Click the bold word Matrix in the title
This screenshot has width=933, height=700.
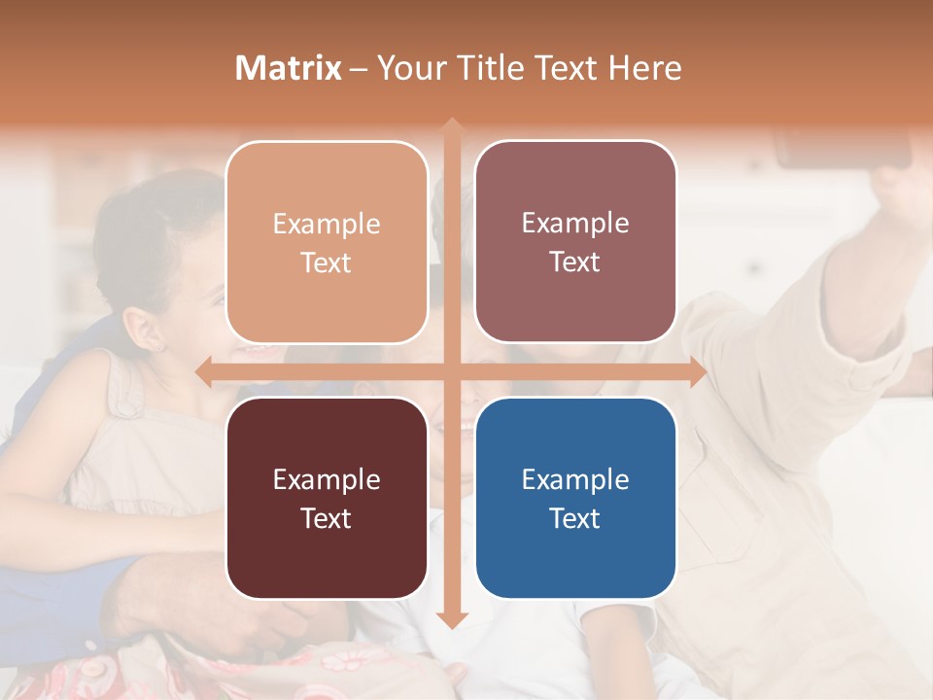point(289,68)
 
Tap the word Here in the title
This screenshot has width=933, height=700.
point(645,68)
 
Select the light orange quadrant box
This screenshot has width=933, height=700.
point(327,242)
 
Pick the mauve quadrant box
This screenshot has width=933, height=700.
point(575,242)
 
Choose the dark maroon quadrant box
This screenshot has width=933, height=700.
point(327,498)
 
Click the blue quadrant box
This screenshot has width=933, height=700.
point(575,498)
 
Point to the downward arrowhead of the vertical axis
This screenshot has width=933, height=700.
point(451,619)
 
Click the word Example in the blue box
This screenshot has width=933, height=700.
point(575,479)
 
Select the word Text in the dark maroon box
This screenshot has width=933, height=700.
point(326,518)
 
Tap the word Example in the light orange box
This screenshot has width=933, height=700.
point(327,224)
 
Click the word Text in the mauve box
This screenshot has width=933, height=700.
point(575,262)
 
